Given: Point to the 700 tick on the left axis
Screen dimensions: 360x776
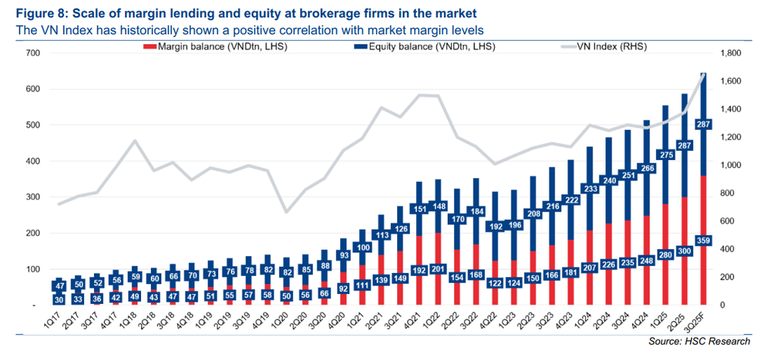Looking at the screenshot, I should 32,53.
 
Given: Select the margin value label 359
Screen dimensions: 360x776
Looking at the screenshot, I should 703,240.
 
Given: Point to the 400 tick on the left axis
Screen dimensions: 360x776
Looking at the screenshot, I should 32,161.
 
